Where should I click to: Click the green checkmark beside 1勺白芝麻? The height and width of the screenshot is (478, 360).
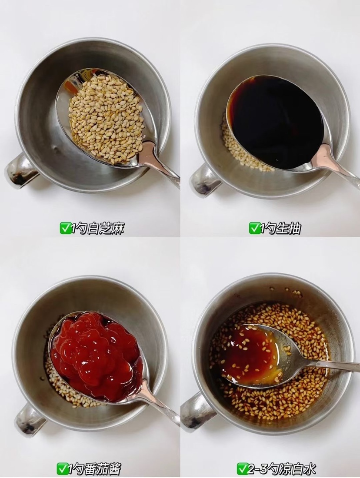(64, 228)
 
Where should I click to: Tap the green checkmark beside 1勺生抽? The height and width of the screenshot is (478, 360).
(254, 228)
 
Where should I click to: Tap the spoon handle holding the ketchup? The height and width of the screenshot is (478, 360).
(160, 405)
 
